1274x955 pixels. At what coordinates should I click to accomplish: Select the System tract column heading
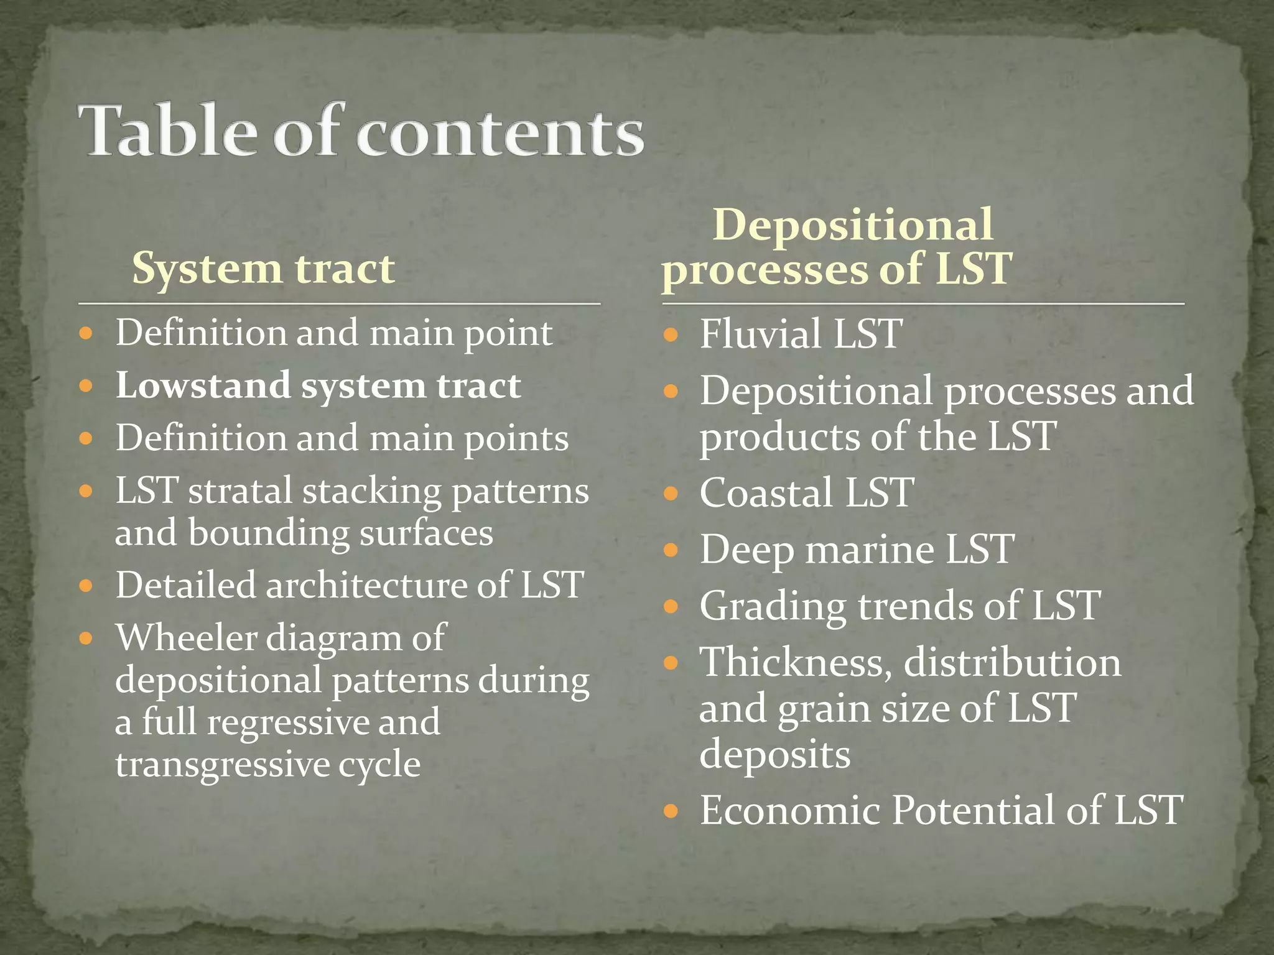coord(263,269)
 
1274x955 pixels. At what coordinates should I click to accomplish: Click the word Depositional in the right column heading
coord(852,224)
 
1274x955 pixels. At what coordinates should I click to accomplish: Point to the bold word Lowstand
coord(203,385)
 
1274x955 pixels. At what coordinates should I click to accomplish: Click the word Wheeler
coord(186,637)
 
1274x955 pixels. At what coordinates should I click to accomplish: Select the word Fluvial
coord(760,334)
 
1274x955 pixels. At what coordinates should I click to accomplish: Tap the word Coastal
coord(766,493)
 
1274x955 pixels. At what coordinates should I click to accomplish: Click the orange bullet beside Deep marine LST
coord(670,550)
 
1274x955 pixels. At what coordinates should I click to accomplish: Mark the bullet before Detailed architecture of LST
coord(86,586)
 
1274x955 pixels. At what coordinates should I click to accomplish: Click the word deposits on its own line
coord(774,754)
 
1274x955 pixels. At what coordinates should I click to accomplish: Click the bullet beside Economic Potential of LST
coord(670,811)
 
